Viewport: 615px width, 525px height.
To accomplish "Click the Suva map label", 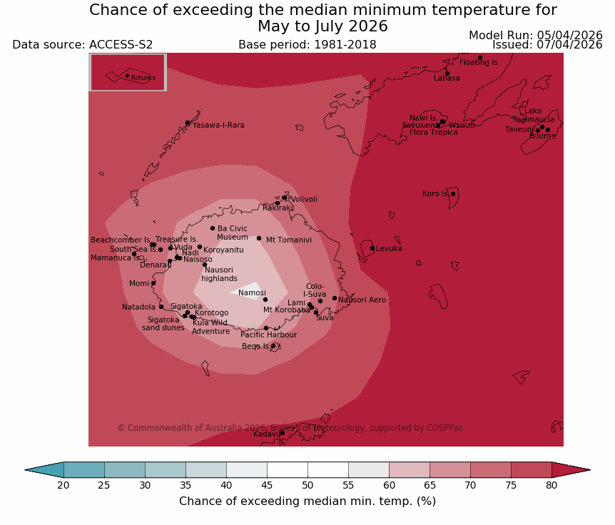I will (x=325, y=318).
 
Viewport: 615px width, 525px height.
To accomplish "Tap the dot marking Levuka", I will (x=372, y=248).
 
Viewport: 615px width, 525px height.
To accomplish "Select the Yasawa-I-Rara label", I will (x=218, y=126).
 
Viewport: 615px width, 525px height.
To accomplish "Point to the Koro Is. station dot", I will (x=452, y=193).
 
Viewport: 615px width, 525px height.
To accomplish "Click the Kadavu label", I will (x=267, y=434).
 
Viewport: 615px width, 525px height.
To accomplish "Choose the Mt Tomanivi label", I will (x=289, y=240).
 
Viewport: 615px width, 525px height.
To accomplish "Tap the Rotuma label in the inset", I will (x=143, y=78).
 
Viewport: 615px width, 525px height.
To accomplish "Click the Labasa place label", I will (x=447, y=78).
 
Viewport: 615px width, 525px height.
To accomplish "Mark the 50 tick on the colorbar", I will (x=307, y=485).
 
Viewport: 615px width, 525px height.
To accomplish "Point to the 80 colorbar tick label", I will (x=552, y=485).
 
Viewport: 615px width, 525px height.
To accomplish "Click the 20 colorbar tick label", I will (x=63, y=485).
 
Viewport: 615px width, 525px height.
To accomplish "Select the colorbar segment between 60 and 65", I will (x=409, y=469).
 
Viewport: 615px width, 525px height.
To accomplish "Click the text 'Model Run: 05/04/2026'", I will (x=535, y=35).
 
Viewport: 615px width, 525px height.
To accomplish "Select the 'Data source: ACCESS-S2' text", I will (x=83, y=45).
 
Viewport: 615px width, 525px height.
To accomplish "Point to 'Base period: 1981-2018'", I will (x=307, y=45).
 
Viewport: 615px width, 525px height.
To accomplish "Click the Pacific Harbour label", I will (x=268, y=335).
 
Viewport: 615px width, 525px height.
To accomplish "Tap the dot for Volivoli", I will (x=284, y=198).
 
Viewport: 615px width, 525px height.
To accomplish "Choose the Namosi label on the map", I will (x=252, y=293).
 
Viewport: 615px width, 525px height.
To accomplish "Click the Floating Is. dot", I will (x=479, y=58).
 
